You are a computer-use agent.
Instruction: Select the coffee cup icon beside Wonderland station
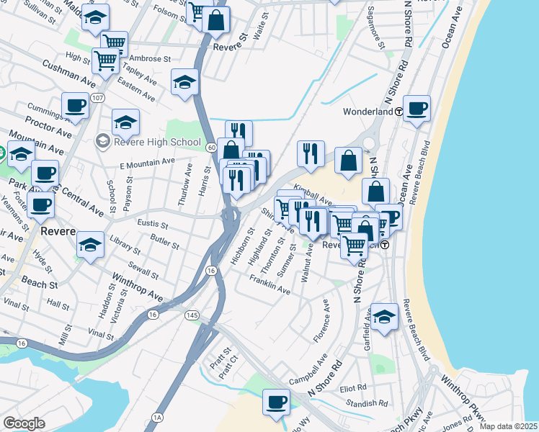coord(416,109)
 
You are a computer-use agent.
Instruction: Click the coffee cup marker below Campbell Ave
coord(276,402)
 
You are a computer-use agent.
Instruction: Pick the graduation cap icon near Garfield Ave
coord(384,317)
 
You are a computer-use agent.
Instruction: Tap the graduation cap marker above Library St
coord(91,246)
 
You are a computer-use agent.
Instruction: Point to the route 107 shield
coord(99,97)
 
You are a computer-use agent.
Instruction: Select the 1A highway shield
coord(158,418)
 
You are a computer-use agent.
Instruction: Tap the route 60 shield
coord(210,147)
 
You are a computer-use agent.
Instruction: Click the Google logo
coord(24,423)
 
